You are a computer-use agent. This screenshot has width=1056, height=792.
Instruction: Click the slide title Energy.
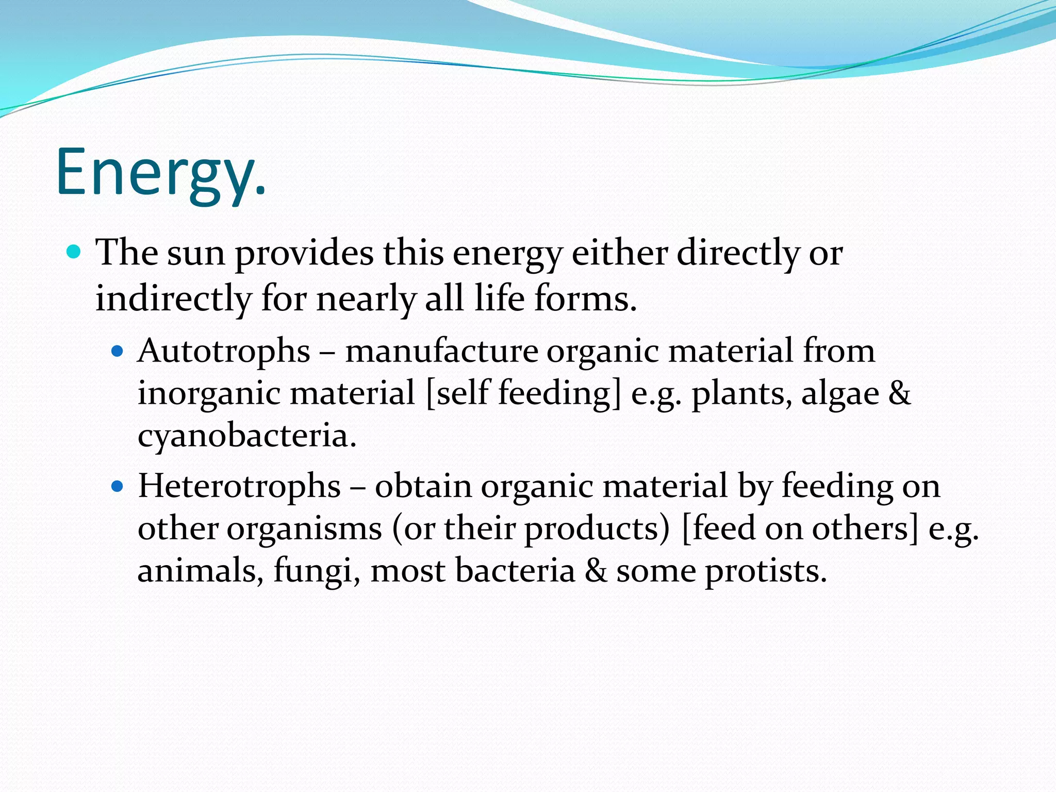161,173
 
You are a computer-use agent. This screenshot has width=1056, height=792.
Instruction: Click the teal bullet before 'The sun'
75,252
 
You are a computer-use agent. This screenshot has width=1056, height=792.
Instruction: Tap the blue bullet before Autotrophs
118,352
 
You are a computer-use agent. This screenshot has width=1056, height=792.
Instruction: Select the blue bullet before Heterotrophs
118,486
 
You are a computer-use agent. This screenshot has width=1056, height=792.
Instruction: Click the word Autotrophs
224,352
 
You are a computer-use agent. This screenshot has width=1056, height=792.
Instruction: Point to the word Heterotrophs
239,486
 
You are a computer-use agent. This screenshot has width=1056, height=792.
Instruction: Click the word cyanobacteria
246,436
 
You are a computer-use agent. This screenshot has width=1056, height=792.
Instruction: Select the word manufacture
441,352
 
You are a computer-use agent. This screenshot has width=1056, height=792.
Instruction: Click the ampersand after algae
900,393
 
